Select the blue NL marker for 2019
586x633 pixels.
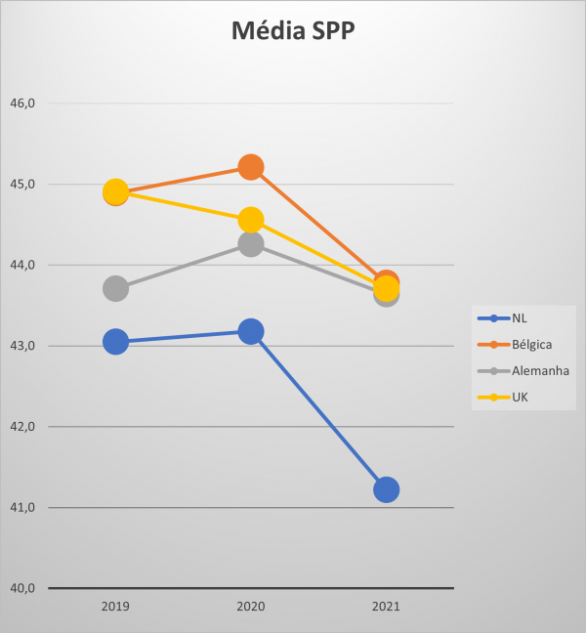[116, 342]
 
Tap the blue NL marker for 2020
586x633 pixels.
[251, 332]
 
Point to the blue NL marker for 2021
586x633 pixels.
[386, 489]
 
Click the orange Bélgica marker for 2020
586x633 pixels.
[251, 167]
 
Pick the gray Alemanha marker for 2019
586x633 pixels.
[116, 288]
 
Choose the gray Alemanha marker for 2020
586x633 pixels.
[251, 244]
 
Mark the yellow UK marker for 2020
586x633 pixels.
[251, 219]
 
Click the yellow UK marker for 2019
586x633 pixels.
[116, 190]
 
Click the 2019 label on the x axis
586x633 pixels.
[116, 607]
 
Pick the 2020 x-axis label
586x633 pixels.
[251, 607]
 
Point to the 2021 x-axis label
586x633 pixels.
[386, 607]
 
